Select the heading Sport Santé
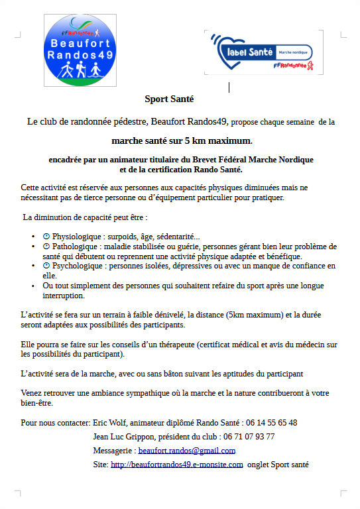[x=169, y=99]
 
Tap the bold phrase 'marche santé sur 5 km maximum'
[x=181, y=141]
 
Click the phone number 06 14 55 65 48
[x=271, y=423]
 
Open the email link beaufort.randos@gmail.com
[x=187, y=451]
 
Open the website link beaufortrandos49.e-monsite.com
[x=176, y=465]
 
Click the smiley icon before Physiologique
[x=46, y=237]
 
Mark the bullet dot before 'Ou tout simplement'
[x=33, y=286]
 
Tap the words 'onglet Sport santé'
[x=278, y=465]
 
